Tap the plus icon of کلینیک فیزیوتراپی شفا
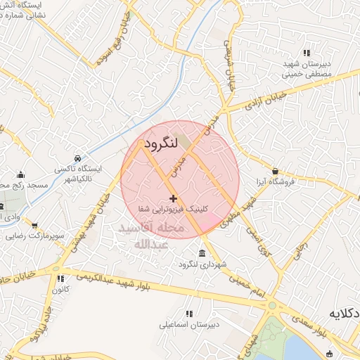pos(174,198)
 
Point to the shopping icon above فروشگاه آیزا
pos(274,170)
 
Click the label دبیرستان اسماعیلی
pos(189,324)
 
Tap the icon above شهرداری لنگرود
pos(202,253)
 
